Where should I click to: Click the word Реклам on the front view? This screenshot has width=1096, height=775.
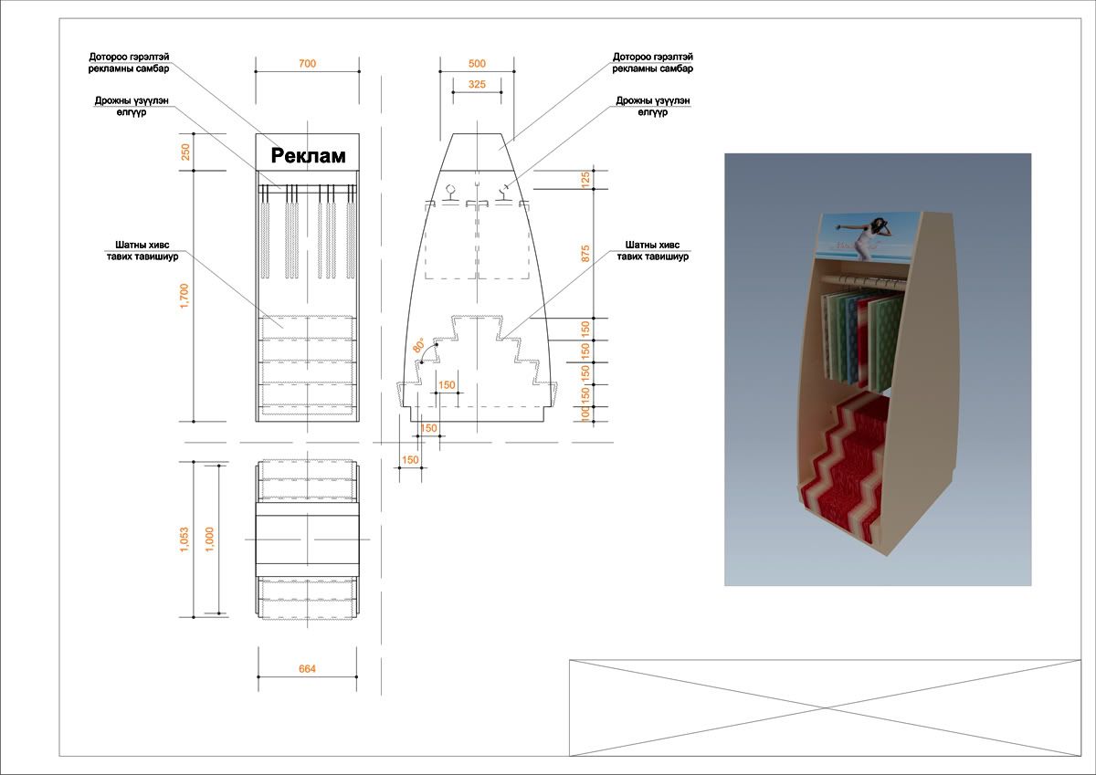point(309,156)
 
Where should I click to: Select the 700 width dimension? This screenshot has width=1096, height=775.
point(307,64)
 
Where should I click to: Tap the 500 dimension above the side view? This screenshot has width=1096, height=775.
point(477,64)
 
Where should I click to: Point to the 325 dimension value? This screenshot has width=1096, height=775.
point(477,84)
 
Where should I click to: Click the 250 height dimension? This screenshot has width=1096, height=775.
point(185,152)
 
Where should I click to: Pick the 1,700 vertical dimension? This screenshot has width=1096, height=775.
point(184,296)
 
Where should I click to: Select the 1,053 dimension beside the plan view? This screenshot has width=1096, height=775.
point(184,539)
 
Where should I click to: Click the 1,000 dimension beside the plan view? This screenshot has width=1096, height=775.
point(209,539)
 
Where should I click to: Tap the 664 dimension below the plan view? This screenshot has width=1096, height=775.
point(307,669)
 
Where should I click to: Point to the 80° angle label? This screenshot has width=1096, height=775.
point(419,345)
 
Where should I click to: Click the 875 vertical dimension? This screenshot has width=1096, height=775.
point(585,253)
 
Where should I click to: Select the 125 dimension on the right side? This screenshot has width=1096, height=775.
point(585,180)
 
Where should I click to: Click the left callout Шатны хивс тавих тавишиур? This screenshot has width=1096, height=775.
point(142,250)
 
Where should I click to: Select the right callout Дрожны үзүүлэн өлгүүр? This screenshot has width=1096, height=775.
point(653,106)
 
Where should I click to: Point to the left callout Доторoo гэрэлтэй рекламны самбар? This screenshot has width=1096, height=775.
point(129,63)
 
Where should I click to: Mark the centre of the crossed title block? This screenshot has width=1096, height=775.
point(825,707)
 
